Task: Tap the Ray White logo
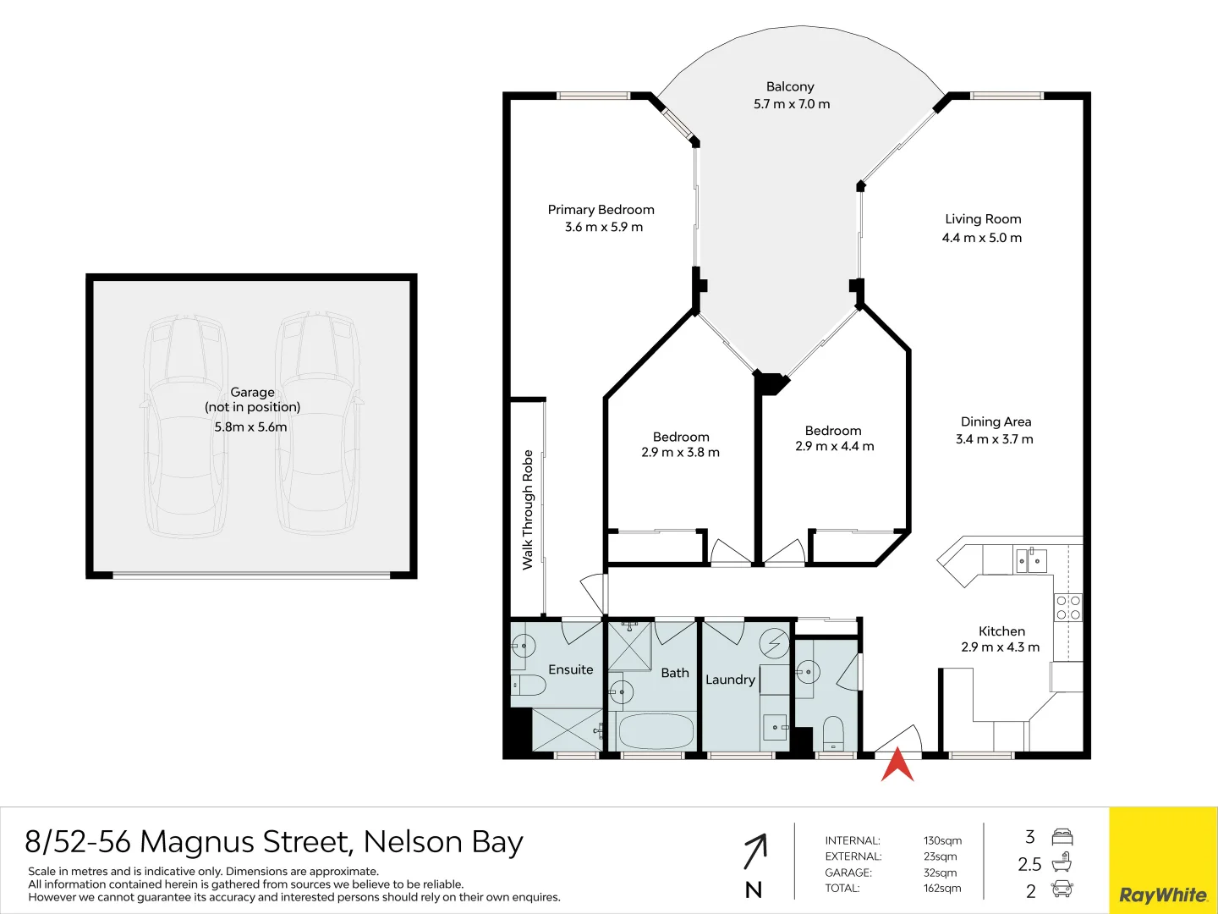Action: pos(1163,895)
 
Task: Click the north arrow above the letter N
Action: pos(755,851)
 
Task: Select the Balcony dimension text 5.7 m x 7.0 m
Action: pos(792,104)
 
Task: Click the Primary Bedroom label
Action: pos(601,210)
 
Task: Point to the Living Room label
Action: pos(983,219)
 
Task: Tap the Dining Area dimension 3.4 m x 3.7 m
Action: pos(994,439)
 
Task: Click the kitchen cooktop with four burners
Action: pos(1067,608)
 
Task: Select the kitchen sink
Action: pos(1031,560)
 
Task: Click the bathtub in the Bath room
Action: pos(656,731)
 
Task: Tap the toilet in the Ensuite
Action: pos(527,684)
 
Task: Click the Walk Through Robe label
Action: pos(528,509)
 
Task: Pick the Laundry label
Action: pos(730,680)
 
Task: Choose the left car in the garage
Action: pos(186,427)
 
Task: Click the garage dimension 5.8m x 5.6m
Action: pos(250,427)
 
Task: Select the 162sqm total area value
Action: pos(942,889)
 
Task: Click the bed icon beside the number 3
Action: pos(1062,838)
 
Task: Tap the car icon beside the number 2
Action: pos(1062,889)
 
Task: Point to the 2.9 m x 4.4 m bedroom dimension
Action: pos(834,447)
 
